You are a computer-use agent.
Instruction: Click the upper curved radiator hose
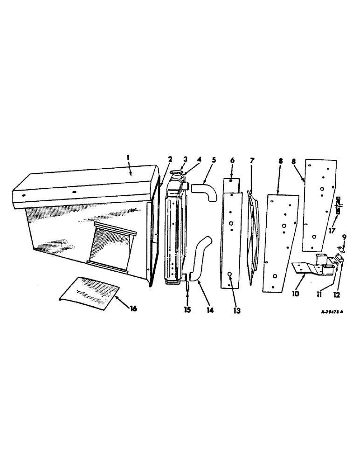click(x=206, y=192)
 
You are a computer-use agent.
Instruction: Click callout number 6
click(x=232, y=160)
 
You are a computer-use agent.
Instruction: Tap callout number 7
click(x=252, y=160)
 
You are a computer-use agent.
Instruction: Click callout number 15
click(x=187, y=309)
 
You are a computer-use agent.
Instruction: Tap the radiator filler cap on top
click(x=177, y=175)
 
